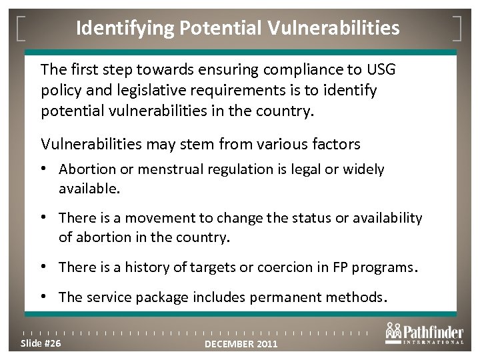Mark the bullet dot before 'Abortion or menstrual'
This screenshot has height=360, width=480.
click(x=49, y=169)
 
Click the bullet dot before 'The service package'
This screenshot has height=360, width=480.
click(x=49, y=297)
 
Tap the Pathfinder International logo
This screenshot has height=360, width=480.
click(x=424, y=334)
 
